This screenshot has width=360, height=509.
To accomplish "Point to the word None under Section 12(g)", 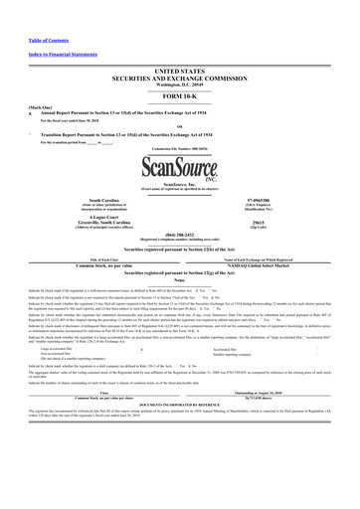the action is coord(179,282).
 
